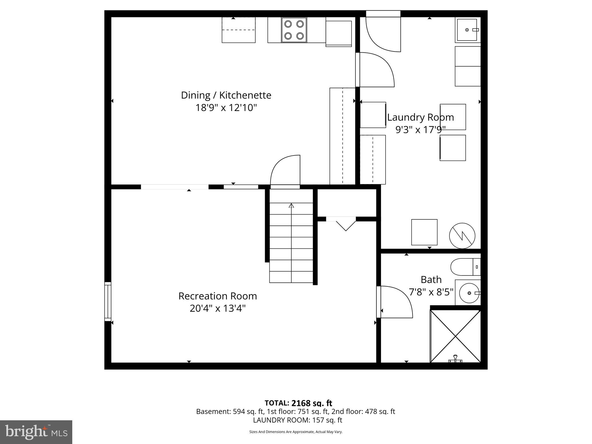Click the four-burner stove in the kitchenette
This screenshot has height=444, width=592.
click(x=294, y=30)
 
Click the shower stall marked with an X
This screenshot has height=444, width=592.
click(x=455, y=336)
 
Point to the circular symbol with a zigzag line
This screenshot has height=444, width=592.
click(x=462, y=236)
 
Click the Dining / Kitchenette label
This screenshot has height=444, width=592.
click(x=226, y=95)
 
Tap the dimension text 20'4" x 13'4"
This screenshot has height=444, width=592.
click(x=217, y=308)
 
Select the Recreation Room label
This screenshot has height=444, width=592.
click(x=217, y=296)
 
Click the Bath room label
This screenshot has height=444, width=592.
click(x=431, y=280)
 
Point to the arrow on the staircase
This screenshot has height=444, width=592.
click(x=291, y=206)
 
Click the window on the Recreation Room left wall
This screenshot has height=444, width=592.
click(x=108, y=301)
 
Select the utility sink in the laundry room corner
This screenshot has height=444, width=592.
click(x=467, y=30)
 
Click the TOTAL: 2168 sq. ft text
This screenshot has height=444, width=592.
click(x=298, y=403)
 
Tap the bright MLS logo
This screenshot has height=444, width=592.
click(x=36, y=432)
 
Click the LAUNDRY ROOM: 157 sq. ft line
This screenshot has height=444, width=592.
click(x=297, y=420)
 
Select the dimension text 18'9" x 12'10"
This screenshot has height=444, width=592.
click(x=226, y=108)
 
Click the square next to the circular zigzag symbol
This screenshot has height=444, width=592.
click(x=424, y=232)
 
